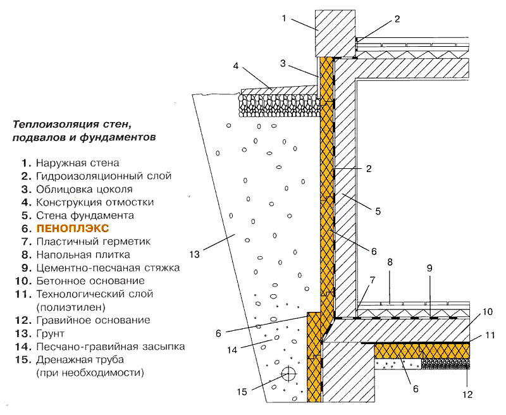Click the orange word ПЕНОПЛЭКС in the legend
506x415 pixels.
click(x=73, y=228)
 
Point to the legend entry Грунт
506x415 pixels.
click(x=50, y=333)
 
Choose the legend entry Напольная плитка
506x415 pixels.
click(x=83, y=255)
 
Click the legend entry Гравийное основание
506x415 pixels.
click(x=92, y=320)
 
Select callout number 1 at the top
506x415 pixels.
click(x=285, y=18)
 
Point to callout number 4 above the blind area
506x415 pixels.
click(x=235, y=66)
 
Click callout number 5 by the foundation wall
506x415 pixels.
click(x=378, y=211)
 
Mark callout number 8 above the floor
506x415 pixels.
click(x=390, y=261)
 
